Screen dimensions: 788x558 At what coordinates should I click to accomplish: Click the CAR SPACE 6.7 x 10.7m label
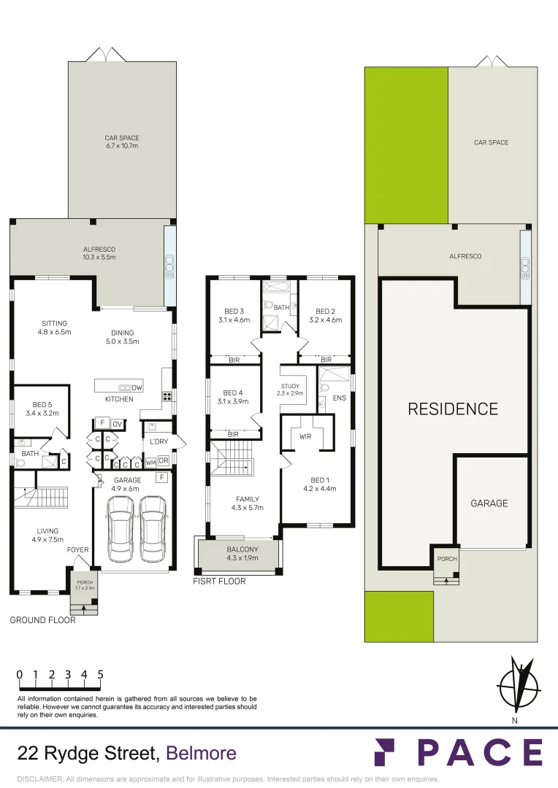121,142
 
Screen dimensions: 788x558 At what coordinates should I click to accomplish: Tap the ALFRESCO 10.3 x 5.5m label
99,253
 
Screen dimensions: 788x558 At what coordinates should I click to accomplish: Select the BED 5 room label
41,409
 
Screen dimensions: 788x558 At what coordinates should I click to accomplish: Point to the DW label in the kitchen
137,387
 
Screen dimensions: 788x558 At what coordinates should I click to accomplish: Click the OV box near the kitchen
118,424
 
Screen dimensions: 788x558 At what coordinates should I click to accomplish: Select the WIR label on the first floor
305,437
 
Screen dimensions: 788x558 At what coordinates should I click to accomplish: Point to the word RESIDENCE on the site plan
453,409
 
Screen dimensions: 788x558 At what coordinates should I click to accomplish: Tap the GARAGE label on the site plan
489,503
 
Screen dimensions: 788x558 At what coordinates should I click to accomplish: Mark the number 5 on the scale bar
100,674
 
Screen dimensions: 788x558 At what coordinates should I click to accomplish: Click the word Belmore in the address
202,753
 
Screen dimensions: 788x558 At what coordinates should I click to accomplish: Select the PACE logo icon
384,752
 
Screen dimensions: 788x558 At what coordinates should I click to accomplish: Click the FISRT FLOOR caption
219,582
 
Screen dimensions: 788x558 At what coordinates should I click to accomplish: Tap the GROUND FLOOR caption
42,620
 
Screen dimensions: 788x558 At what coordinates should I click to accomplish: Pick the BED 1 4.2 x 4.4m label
318,484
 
